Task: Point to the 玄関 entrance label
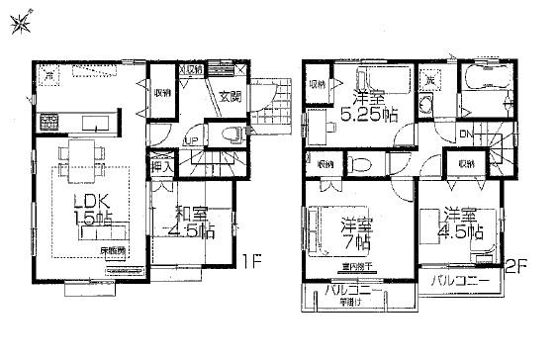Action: [x=230, y=96]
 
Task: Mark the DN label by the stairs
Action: [x=465, y=134]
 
